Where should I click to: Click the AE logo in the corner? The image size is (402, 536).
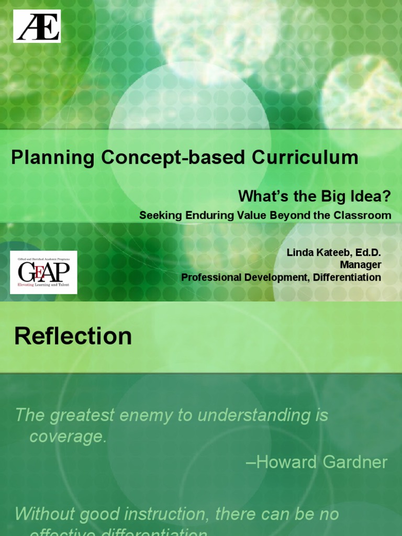(x=37, y=26)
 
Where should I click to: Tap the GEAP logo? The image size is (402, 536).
(x=43, y=272)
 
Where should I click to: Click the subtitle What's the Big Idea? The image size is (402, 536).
(x=315, y=196)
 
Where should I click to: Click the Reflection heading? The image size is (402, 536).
(x=73, y=336)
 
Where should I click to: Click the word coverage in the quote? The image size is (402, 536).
(x=68, y=437)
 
